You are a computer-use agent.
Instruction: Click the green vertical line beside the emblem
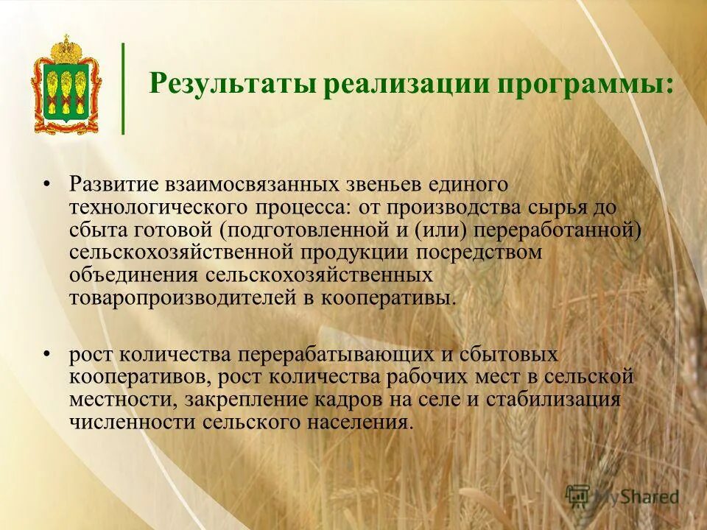(x=123, y=88)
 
